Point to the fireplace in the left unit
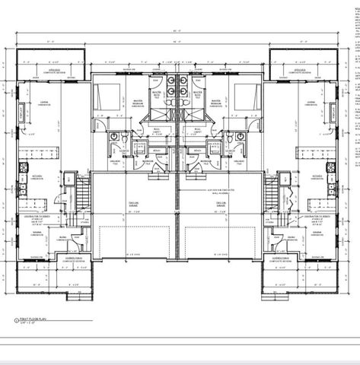click(21, 115)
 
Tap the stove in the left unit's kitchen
click(21, 167)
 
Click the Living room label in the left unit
click(46, 102)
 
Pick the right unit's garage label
click(221, 204)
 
